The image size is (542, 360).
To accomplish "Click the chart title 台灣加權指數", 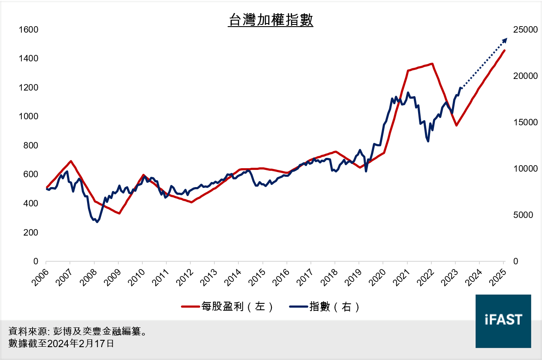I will click(x=271, y=20).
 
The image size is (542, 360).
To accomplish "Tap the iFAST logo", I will click(x=503, y=321).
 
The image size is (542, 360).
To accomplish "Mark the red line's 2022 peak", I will click(x=432, y=64).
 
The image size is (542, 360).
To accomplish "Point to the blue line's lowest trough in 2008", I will click(x=97, y=222).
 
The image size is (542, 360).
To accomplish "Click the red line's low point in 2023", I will click(x=457, y=125).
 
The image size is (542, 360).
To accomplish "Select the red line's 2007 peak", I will click(x=71, y=161).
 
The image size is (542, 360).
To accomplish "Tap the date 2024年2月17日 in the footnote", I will click(x=80, y=344).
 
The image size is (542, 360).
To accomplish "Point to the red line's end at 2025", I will click(x=505, y=50).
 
